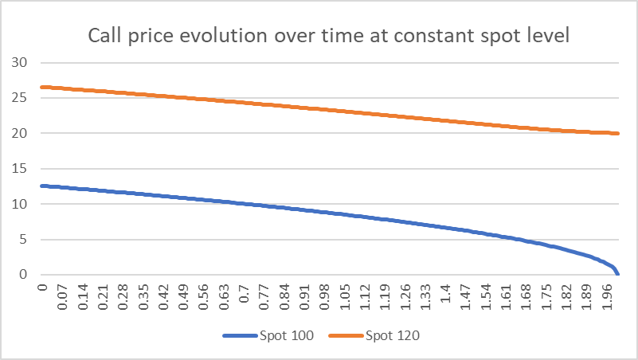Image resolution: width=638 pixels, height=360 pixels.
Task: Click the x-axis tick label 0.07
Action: pos(64,297)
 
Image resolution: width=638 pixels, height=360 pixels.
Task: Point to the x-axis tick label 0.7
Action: pos(244,295)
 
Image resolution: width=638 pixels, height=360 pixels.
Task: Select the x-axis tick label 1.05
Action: pos(344,297)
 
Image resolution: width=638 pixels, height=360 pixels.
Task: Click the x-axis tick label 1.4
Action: pos(444,295)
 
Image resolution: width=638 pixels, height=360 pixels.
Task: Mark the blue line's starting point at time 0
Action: pos(41,186)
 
